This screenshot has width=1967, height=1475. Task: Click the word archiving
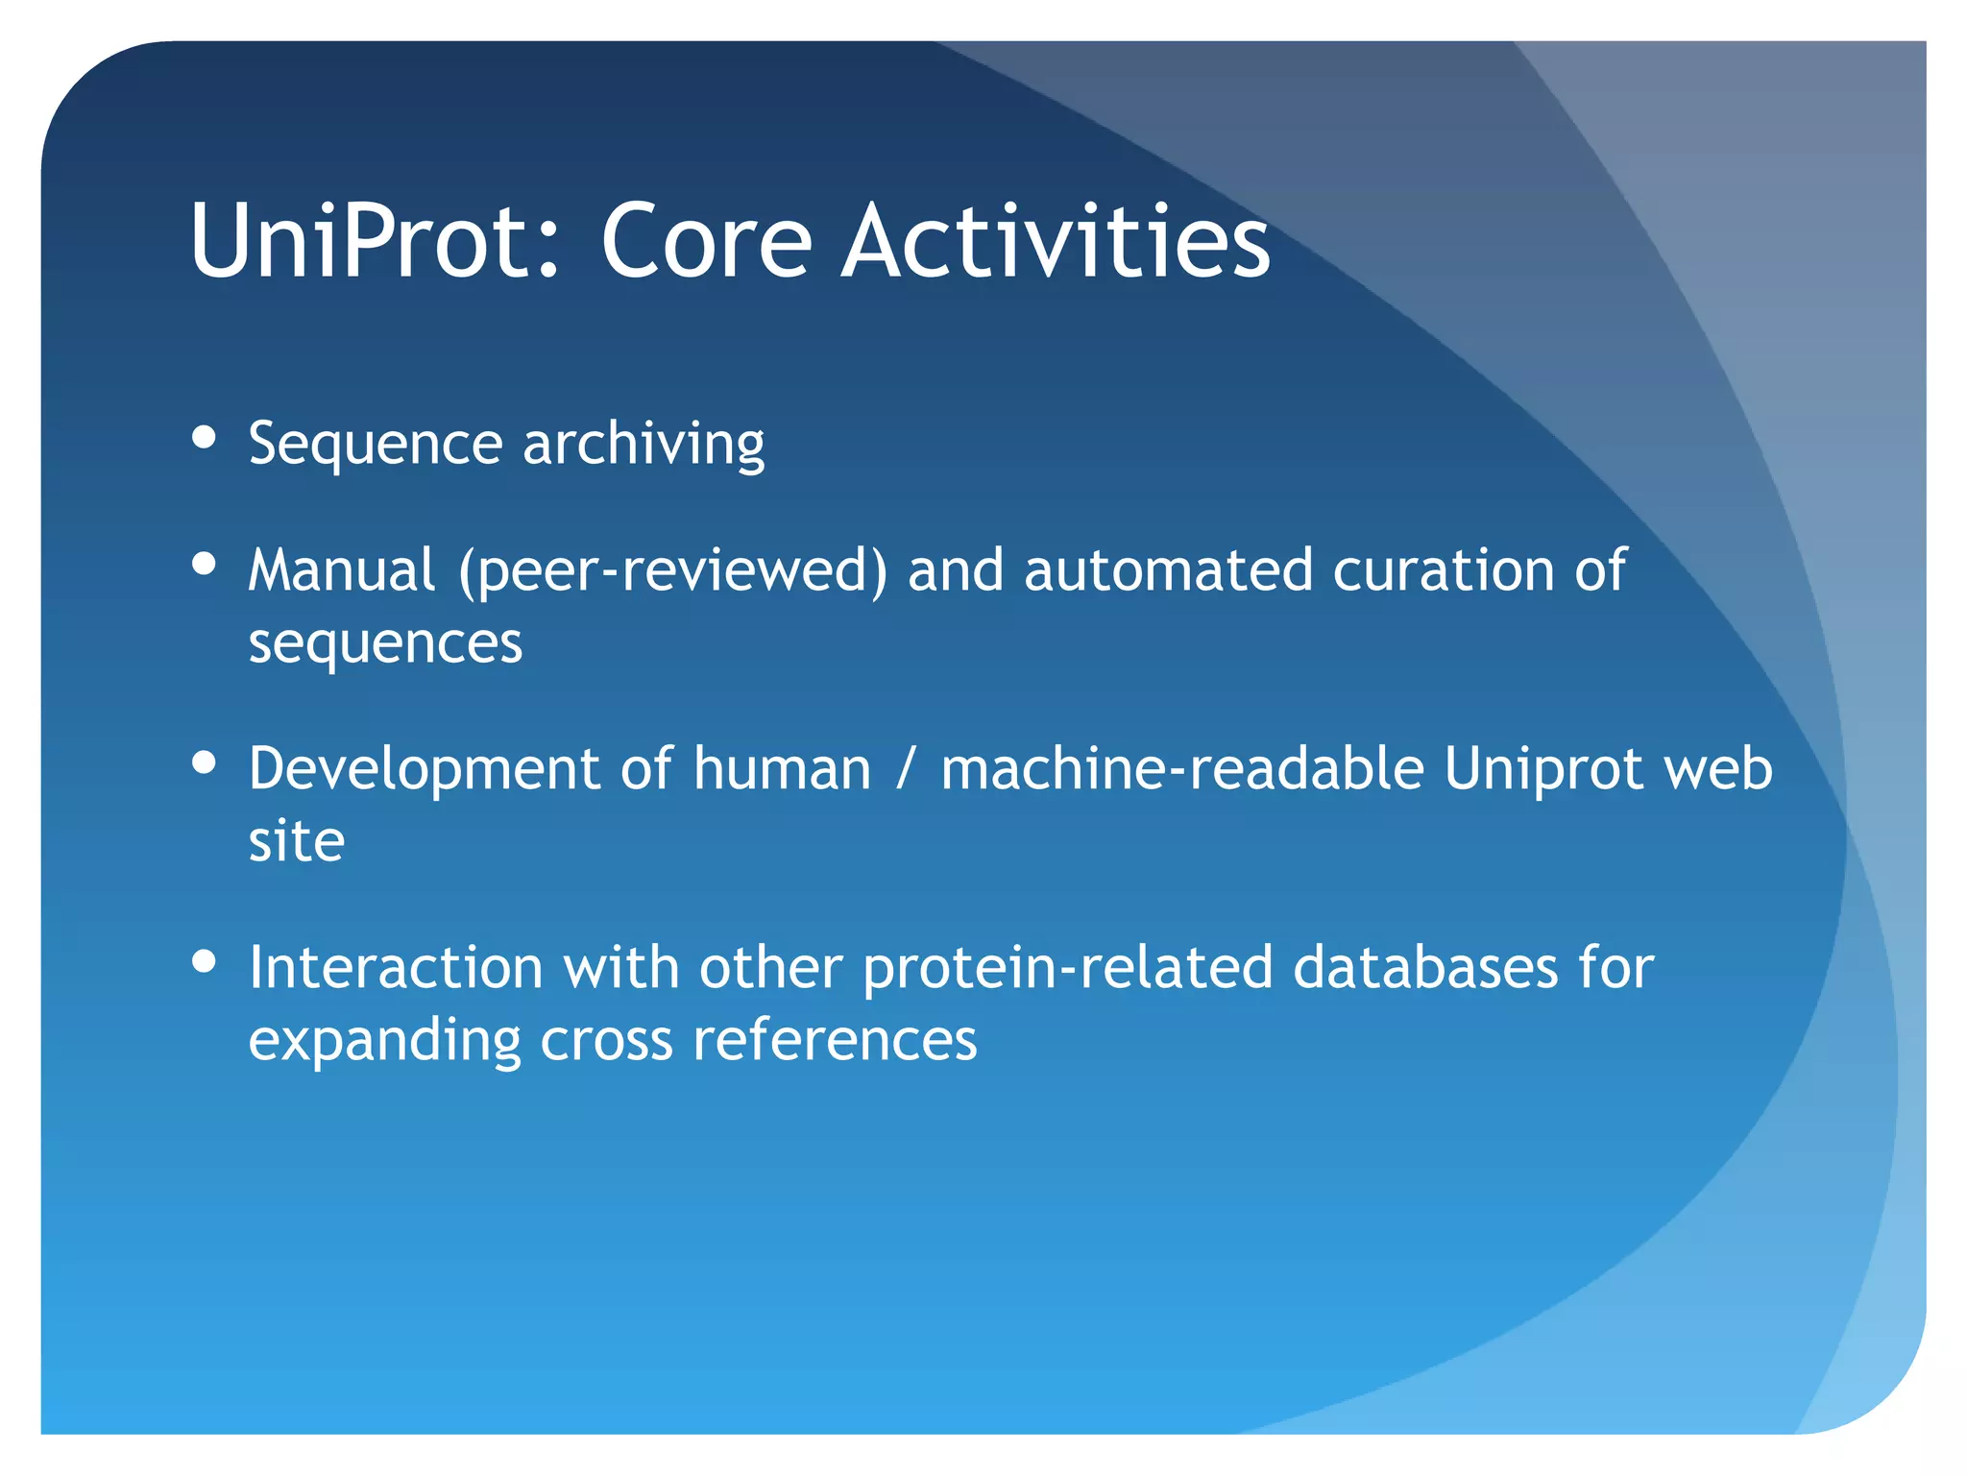coord(644,446)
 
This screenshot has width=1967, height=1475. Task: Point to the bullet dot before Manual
coord(204,563)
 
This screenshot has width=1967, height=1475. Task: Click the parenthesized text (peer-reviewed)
coord(672,571)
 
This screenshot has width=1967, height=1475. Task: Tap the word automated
coord(1168,569)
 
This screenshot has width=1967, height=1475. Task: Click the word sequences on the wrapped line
coord(385,642)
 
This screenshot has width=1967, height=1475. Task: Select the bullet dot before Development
coord(204,762)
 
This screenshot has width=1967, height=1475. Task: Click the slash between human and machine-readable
coord(905,770)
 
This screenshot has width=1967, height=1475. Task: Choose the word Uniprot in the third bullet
coord(1542,770)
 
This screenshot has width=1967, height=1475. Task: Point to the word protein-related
coord(1067,968)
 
